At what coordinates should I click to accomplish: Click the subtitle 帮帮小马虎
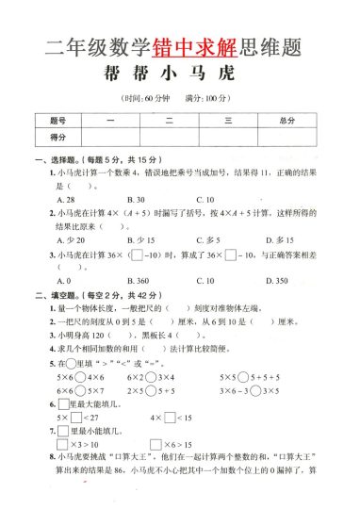tap(179, 74)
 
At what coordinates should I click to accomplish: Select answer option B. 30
tap(136, 200)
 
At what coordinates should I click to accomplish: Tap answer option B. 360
tap(138, 281)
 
